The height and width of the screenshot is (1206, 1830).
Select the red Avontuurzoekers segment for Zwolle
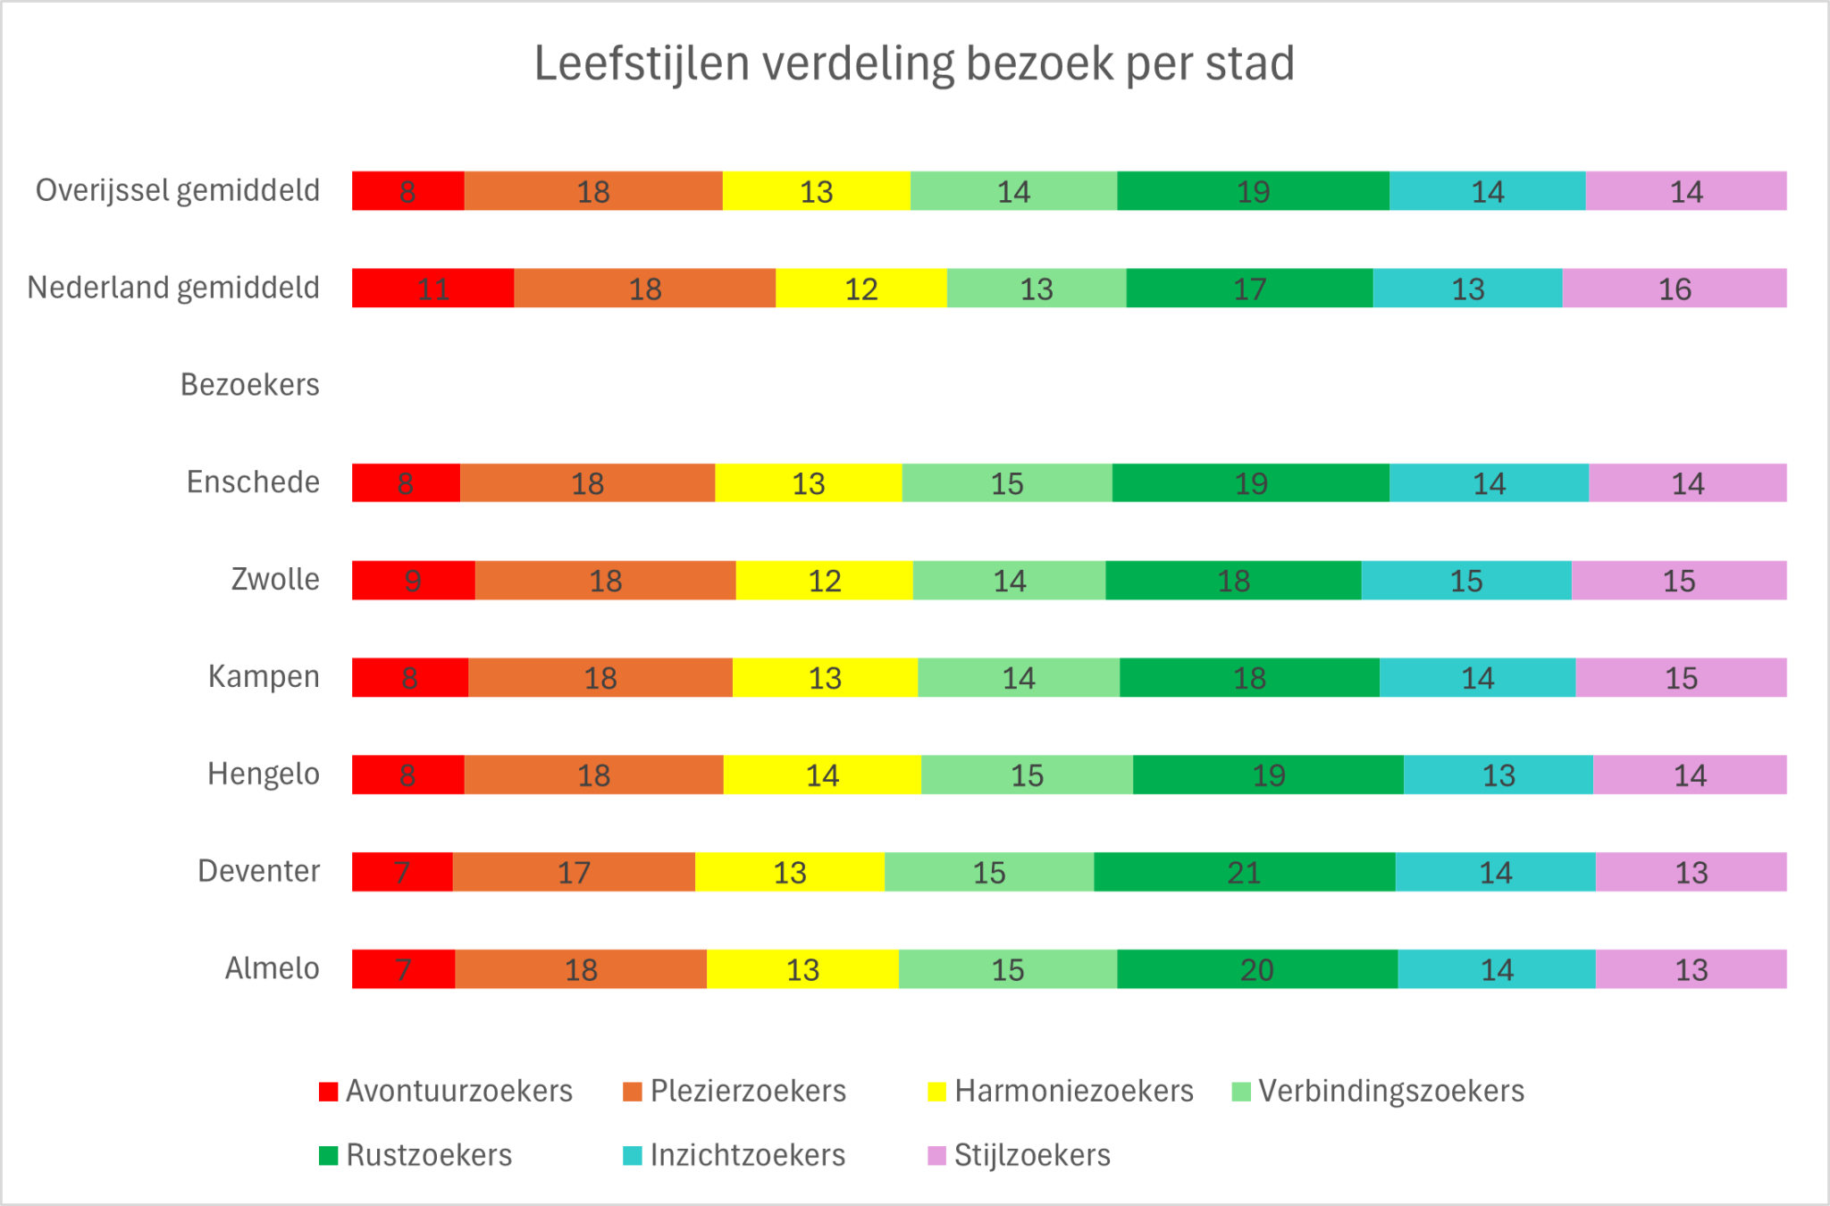[x=413, y=581]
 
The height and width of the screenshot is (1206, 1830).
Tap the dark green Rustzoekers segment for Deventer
[x=1244, y=872]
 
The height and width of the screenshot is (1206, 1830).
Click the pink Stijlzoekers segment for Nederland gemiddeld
[x=1675, y=289]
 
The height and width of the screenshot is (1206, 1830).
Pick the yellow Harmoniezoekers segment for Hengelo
[x=822, y=775]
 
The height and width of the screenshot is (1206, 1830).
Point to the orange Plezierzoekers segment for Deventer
[x=574, y=872]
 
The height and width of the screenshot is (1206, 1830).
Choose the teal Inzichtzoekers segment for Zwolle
[x=1466, y=581]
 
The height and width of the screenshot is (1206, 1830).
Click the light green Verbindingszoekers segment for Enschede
[x=1007, y=483]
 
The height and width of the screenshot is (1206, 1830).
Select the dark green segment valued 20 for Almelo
[x=1257, y=969]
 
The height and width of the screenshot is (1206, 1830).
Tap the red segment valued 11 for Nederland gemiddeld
[x=432, y=289]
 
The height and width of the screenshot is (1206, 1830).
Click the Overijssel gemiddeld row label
[x=177, y=190]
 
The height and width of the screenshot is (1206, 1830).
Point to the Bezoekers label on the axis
[x=249, y=385]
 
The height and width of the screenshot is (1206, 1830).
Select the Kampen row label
[x=264, y=677]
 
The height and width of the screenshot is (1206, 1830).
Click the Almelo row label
[x=272, y=968]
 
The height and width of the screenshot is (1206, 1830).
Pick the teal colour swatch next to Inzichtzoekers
[x=632, y=1156]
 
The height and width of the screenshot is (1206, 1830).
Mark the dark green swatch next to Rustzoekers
[x=328, y=1156]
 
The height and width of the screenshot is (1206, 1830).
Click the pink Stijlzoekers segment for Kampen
[x=1681, y=678]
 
